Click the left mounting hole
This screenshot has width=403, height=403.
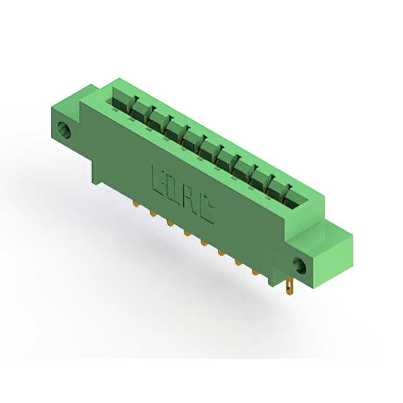tap(64, 130)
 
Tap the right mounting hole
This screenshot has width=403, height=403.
tap(300, 265)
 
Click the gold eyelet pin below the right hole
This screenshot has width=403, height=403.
tap(289, 288)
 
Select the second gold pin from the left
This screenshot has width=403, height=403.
tap(152, 213)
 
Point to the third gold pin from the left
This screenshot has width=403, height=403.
tap(169, 224)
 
